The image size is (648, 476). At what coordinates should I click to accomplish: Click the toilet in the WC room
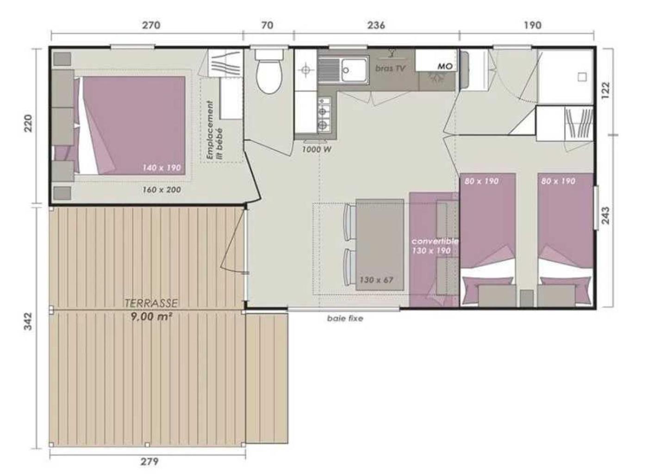point(268,71)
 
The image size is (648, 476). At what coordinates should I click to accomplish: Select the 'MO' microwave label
point(445,66)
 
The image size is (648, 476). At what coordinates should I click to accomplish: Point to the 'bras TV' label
point(390,68)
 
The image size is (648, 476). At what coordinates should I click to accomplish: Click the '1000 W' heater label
point(317,150)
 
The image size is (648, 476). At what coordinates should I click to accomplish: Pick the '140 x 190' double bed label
point(162,168)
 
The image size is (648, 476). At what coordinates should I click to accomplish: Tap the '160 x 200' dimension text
point(162,190)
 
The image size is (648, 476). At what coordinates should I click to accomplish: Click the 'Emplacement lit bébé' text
point(215,130)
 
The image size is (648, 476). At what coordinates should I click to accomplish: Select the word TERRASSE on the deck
point(151,303)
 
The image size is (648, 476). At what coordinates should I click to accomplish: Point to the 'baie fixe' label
point(345,318)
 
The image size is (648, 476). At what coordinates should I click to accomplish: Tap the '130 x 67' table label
point(376,280)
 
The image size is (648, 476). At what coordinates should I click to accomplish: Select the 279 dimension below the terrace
point(150,461)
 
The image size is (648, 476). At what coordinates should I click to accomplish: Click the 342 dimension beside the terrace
point(28,321)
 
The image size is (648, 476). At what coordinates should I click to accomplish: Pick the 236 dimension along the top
point(376,25)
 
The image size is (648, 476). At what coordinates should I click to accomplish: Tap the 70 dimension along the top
point(267,25)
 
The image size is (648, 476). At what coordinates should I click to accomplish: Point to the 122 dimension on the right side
point(605,90)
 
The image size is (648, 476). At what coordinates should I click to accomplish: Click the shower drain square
point(582,77)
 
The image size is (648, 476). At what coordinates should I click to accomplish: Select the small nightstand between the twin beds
point(527,298)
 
